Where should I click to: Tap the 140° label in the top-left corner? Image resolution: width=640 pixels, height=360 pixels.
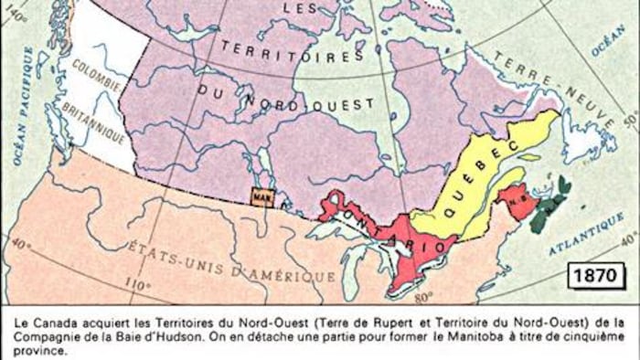[x=17, y=16]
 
